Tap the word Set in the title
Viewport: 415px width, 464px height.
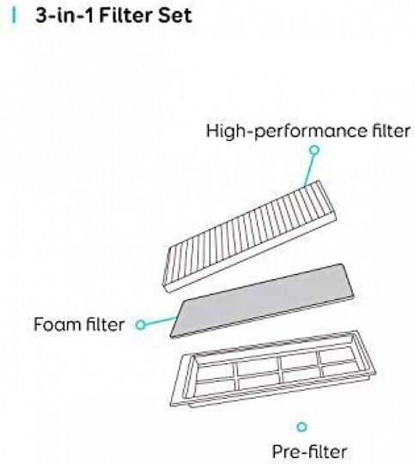pyautogui.click(x=175, y=15)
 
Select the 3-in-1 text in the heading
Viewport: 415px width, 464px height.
pyautogui.click(x=64, y=15)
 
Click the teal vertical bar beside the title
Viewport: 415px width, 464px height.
pyautogui.click(x=14, y=15)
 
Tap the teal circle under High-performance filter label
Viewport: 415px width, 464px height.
pyautogui.click(x=314, y=150)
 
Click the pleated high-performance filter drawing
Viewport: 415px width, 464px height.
pyautogui.click(x=249, y=236)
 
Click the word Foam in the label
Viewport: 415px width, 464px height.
pyautogui.click(x=55, y=324)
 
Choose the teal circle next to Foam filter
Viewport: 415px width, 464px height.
pyautogui.click(x=141, y=325)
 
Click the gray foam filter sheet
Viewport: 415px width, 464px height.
pyautogui.click(x=262, y=301)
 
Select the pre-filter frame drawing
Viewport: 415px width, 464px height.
pyautogui.click(x=273, y=369)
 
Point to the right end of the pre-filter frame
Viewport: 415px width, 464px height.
pyautogui.click(x=367, y=354)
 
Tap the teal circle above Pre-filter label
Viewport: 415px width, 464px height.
pyautogui.click(x=302, y=427)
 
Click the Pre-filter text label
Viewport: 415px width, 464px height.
pyautogui.click(x=309, y=452)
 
